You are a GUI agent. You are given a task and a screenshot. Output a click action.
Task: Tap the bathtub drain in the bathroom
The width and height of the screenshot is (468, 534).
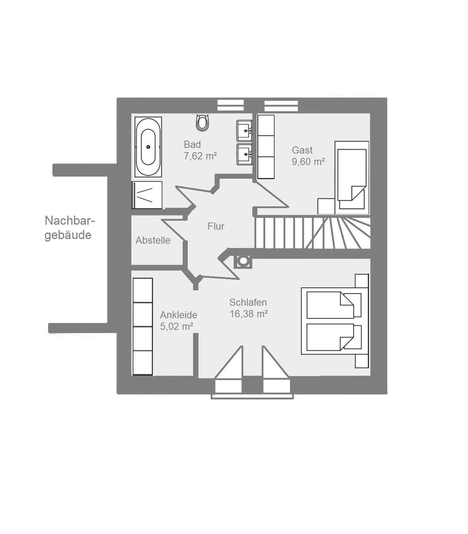[148, 147]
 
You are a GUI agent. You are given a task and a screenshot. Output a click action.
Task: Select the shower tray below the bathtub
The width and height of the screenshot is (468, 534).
[147, 195]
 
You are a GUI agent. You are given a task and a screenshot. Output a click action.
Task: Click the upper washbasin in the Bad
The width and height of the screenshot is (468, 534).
[244, 131]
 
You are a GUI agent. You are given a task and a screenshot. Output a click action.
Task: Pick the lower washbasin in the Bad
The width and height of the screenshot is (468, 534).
[244, 155]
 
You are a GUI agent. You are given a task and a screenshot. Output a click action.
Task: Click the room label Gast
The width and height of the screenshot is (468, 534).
[302, 150]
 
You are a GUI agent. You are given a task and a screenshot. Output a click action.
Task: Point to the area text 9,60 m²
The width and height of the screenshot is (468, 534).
[308, 162]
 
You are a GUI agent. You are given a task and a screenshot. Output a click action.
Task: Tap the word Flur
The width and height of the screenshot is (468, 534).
[216, 226]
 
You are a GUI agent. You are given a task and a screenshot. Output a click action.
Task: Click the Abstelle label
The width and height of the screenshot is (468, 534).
[153, 240]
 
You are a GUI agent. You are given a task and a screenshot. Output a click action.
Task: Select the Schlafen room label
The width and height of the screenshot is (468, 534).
[248, 302]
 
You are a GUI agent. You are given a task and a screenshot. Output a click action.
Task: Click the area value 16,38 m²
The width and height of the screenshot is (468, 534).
[248, 314]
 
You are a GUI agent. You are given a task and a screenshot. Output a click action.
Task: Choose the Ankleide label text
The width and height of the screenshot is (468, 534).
[178, 315]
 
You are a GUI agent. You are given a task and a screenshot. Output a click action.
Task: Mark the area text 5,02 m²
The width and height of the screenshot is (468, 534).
[177, 326]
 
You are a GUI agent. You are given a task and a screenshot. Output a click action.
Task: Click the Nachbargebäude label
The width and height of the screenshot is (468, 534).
[69, 228]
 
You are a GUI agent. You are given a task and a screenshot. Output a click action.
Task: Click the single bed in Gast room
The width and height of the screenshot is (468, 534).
[352, 178]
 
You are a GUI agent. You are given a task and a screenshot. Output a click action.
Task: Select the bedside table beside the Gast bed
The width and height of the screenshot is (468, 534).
[326, 206]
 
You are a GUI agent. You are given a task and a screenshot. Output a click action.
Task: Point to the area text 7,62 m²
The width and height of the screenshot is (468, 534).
[200, 156]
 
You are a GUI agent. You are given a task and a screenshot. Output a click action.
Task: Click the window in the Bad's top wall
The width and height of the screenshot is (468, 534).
[230, 105]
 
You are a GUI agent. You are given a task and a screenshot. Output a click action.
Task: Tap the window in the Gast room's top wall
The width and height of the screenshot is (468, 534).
[281, 106]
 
